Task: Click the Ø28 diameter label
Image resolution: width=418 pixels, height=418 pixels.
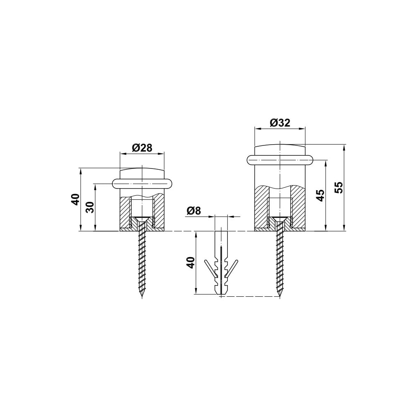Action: pos(142,148)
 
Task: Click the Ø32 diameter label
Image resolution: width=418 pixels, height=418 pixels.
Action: pos(280,122)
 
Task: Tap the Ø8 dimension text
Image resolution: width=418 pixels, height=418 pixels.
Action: pos(194,211)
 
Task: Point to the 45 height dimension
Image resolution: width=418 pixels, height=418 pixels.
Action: pos(321,195)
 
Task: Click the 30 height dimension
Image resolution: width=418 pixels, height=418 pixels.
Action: pos(91,207)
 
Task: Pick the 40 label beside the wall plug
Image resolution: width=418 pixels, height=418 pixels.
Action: pos(191,263)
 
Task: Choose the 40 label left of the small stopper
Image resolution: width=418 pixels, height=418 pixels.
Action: pos(76,199)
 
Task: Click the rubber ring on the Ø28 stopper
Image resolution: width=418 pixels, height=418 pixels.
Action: pos(142,184)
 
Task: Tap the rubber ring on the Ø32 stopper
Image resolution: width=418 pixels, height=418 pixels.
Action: pos(280,161)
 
